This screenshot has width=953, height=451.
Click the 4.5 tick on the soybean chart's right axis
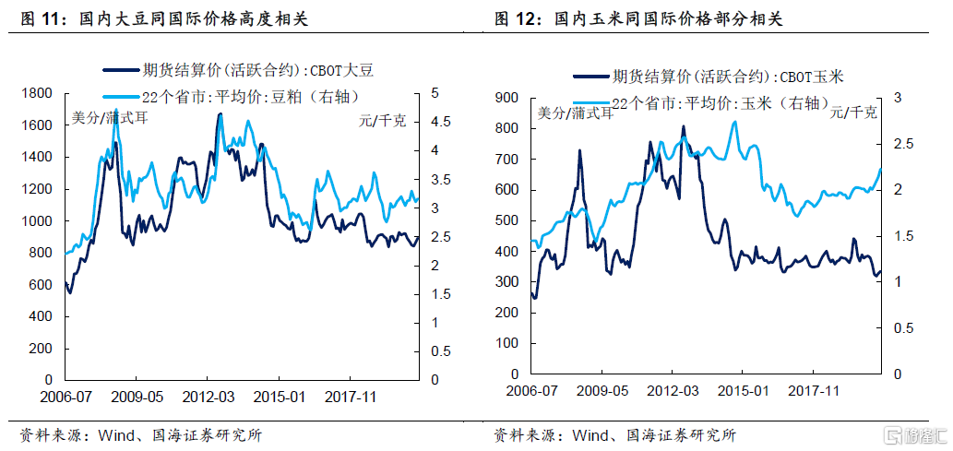pyautogui.click(x=441, y=122)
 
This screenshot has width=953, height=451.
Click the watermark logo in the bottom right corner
pyautogui.click(x=914, y=435)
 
